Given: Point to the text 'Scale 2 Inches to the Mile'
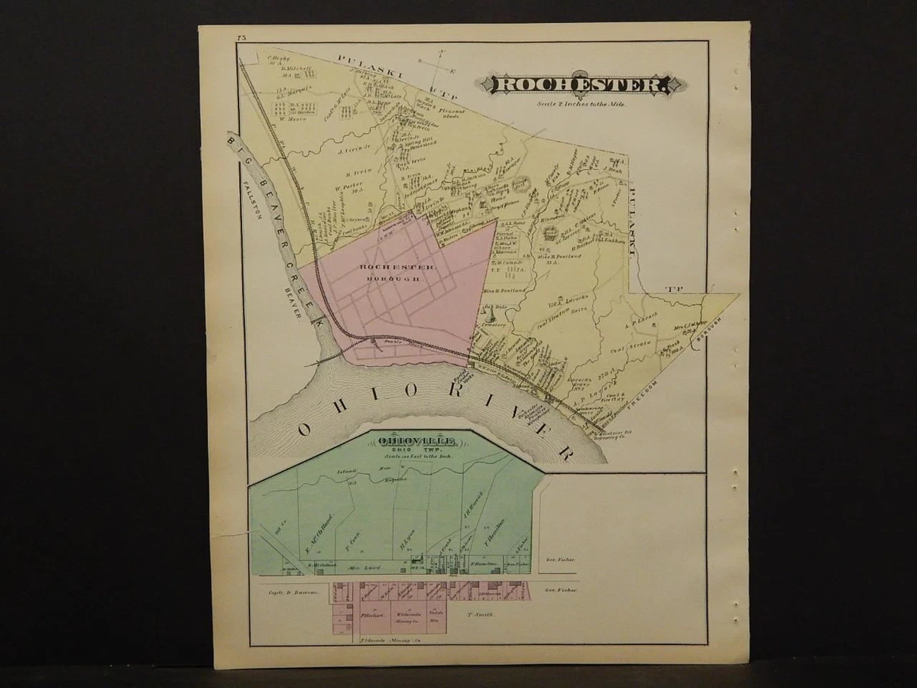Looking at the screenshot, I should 581,103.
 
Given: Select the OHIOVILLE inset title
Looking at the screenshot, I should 416,442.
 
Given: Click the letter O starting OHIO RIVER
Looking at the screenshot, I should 304,429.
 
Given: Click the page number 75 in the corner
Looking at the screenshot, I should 241,37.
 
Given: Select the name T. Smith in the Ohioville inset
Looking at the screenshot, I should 481,614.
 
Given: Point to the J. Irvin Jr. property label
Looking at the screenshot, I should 353,151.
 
